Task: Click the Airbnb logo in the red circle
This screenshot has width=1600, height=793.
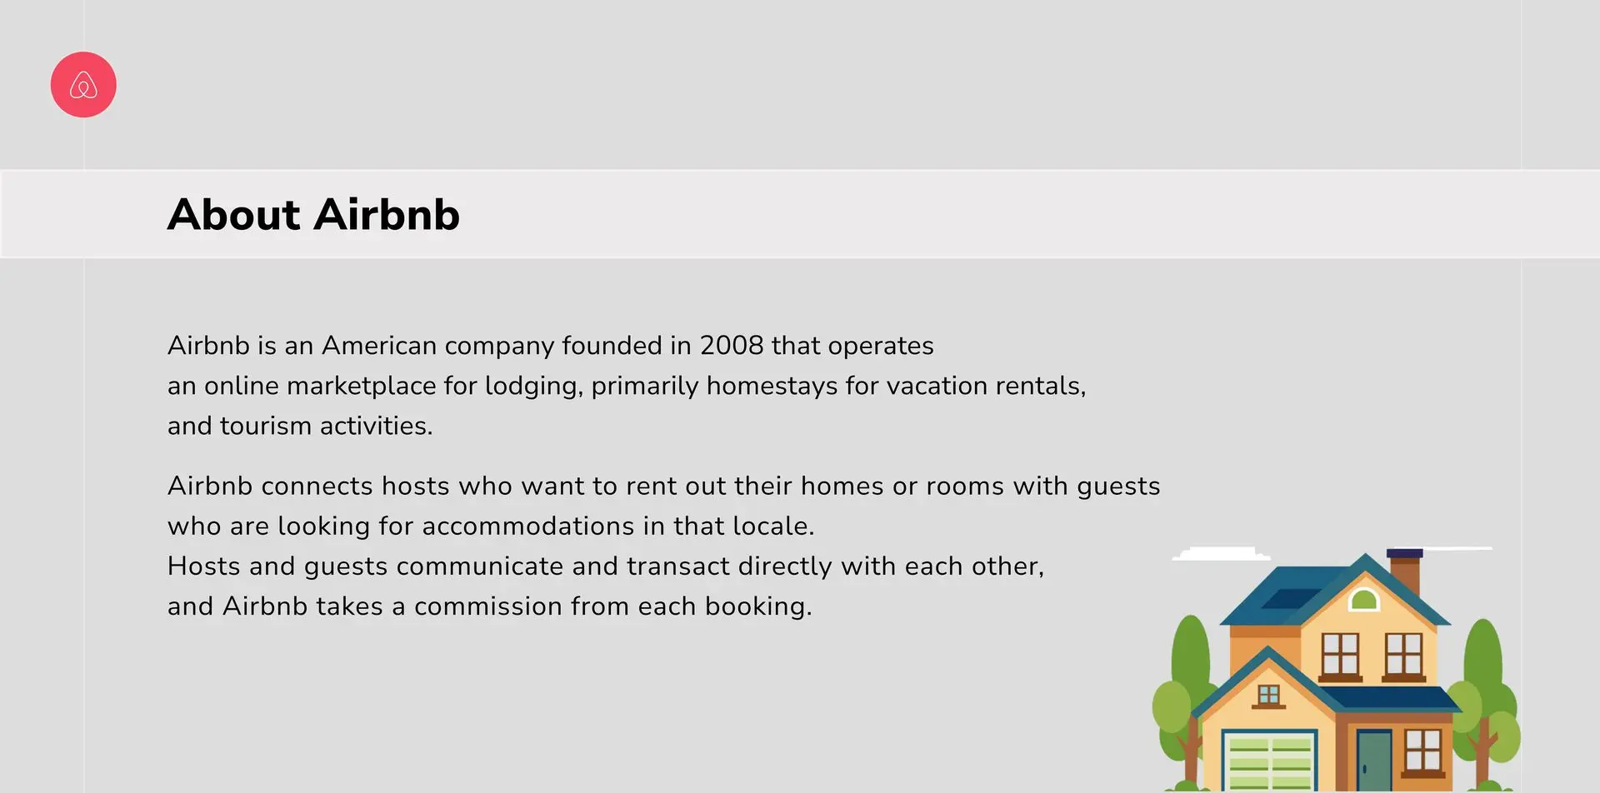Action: [x=83, y=85]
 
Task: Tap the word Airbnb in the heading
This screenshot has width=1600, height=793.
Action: [x=387, y=215]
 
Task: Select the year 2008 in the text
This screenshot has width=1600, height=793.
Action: [x=732, y=346]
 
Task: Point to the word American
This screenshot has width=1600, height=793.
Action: [x=379, y=346]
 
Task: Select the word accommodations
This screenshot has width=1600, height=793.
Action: [x=528, y=526]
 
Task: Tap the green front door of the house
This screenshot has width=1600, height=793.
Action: [x=1374, y=760]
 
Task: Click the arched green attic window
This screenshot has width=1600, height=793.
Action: [x=1364, y=599]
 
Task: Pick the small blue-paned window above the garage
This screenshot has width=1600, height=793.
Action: [x=1268, y=696]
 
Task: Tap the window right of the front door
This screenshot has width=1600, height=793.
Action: [x=1422, y=750]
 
